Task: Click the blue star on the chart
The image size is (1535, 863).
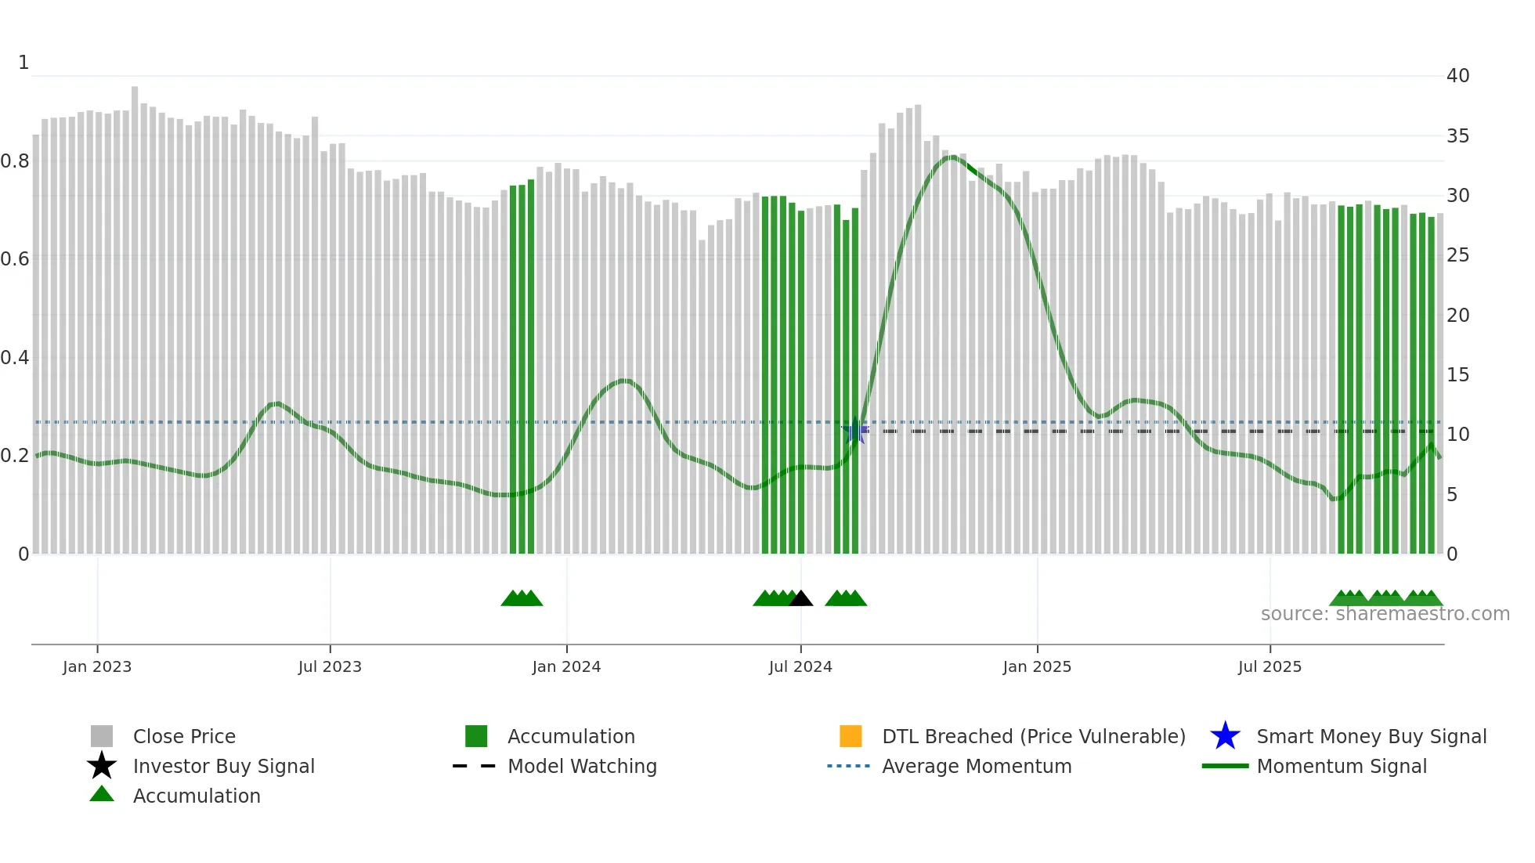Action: click(x=854, y=431)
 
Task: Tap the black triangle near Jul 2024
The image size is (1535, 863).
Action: click(x=800, y=599)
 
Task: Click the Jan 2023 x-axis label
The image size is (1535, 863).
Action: click(x=97, y=666)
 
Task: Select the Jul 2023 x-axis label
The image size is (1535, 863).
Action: click(x=330, y=666)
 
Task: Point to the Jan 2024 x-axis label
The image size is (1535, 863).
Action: click(x=566, y=666)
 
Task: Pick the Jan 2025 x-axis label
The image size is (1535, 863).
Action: click(x=1037, y=666)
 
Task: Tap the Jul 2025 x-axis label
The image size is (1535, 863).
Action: click(x=1270, y=666)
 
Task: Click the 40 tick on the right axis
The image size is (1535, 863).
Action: click(x=1457, y=76)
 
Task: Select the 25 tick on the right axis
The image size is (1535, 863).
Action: click(x=1457, y=255)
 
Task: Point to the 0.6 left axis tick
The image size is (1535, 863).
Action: click(x=15, y=259)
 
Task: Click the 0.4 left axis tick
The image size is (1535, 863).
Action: click(x=15, y=358)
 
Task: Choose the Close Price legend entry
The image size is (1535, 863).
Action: click(x=184, y=736)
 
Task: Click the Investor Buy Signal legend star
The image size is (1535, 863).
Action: click(x=102, y=766)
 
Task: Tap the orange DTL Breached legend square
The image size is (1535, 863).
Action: click(x=851, y=736)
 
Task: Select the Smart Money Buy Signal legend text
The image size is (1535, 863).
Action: click(x=1371, y=736)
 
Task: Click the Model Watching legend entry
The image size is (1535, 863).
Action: click(x=582, y=766)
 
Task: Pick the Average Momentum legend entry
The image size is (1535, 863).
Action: click(x=977, y=766)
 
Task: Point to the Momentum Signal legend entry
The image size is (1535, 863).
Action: click(x=1342, y=766)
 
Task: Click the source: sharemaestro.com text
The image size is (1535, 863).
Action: click(x=1385, y=614)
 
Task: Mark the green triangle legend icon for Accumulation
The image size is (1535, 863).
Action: click(x=102, y=794)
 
